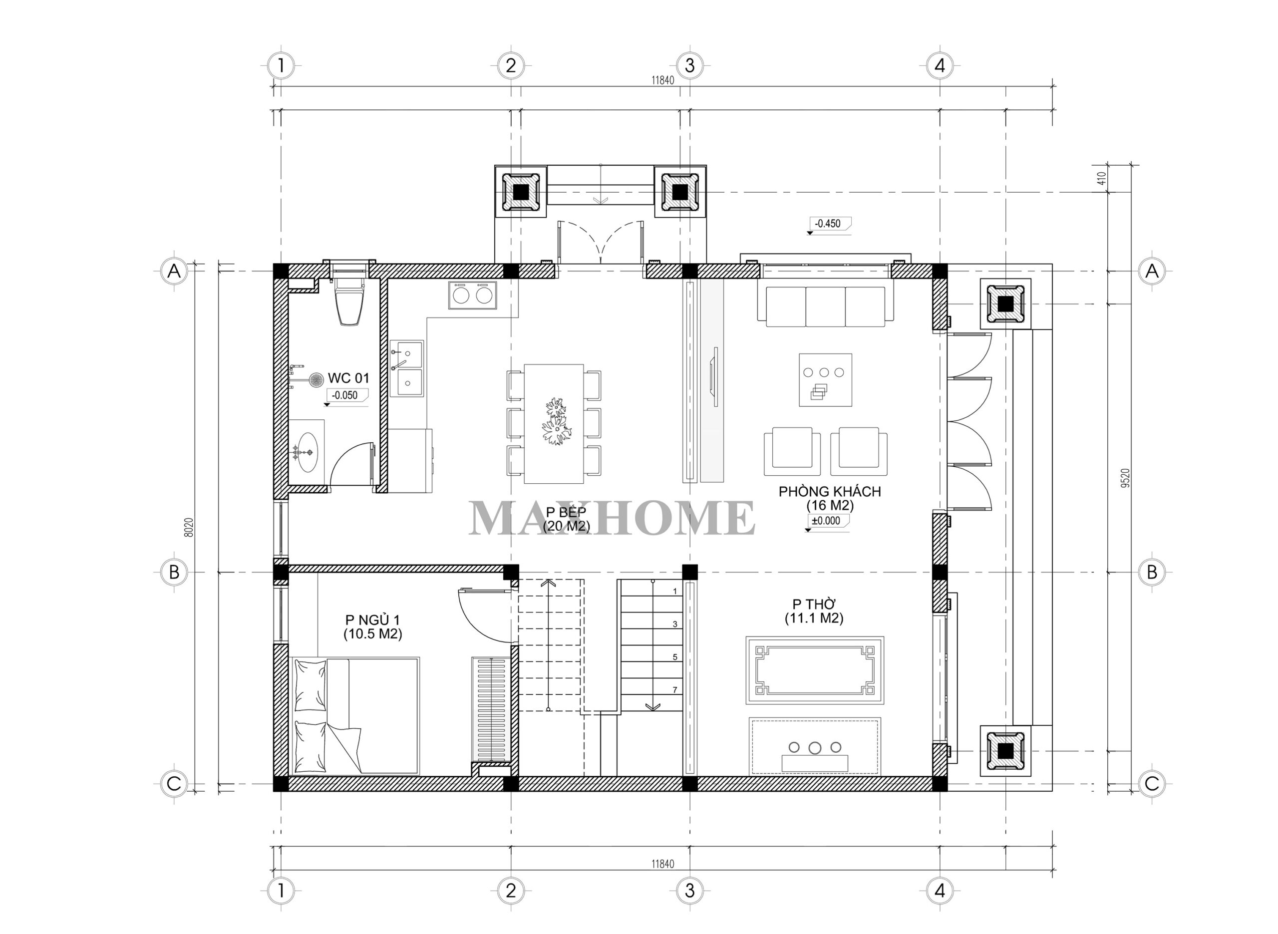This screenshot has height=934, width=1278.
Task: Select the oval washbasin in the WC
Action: [308, 452]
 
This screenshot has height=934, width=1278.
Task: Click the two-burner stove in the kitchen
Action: [473, 295]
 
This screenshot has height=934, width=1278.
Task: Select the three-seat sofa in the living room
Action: [825, 307]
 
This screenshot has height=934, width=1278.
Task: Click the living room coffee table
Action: [825, 380]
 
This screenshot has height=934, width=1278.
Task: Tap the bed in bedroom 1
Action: [355, 715]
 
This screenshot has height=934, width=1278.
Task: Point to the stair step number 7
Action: [675, 690]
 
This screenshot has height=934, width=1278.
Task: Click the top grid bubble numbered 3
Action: [689, 65]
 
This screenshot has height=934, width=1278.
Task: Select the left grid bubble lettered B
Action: [174, 572]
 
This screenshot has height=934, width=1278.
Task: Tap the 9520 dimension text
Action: [1125, 478]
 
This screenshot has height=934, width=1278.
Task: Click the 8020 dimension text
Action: [189, 527]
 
